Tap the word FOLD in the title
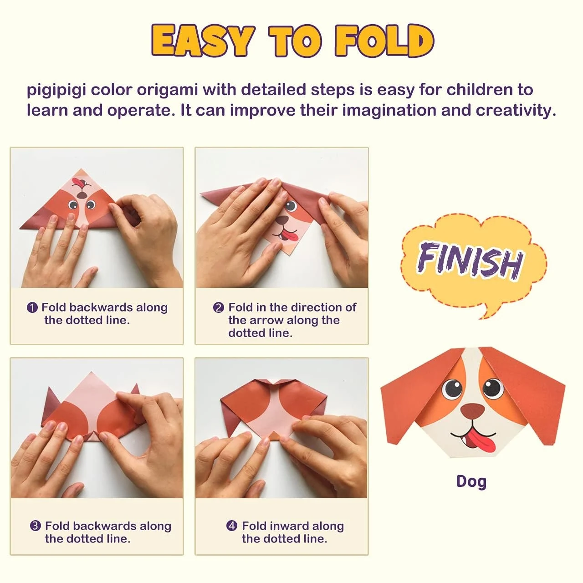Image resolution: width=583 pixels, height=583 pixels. [x=384, y=41]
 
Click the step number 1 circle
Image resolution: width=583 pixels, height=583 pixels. [x=32, y=308]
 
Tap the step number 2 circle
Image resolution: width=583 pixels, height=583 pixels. [x=219, y=308]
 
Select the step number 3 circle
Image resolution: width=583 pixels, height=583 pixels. [x=36, y=527]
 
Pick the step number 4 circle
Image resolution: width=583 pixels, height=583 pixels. [x=232, y=527]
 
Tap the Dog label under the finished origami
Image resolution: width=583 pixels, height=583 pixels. [x=471, y=481]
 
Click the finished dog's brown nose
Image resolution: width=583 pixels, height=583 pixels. [x=473, y=410]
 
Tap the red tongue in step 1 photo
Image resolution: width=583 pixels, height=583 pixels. [x=80, y=183]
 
